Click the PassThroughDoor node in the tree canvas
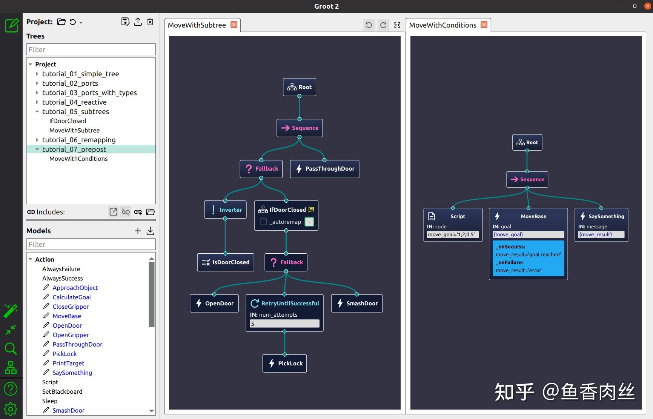[x=324, y=169]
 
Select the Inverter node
[x=226, y=210]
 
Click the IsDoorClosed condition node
[x=226, y=262]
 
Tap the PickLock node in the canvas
[x=285, y=364]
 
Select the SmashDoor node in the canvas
[x=357, y=303]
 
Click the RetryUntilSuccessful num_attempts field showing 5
[x=284, y=323]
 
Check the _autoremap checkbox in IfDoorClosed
[x=263, y=222]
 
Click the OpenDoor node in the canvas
[x=214, y=303]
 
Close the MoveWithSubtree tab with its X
[x=234, y=25]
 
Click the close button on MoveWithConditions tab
[x=484, y=25]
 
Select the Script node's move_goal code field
[x=453, y=234]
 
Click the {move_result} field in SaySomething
[x=601, y=234]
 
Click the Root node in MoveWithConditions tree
[x=527, y=143]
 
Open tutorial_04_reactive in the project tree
[x=74, y=102]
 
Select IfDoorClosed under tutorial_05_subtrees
[x=68, y=121]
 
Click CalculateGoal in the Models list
[x=72, y=297]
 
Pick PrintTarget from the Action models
[x=68, y=363]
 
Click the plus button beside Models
[x=138, y=231]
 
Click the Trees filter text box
[x=91, y=49]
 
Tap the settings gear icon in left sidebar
[x=11, y=409]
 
